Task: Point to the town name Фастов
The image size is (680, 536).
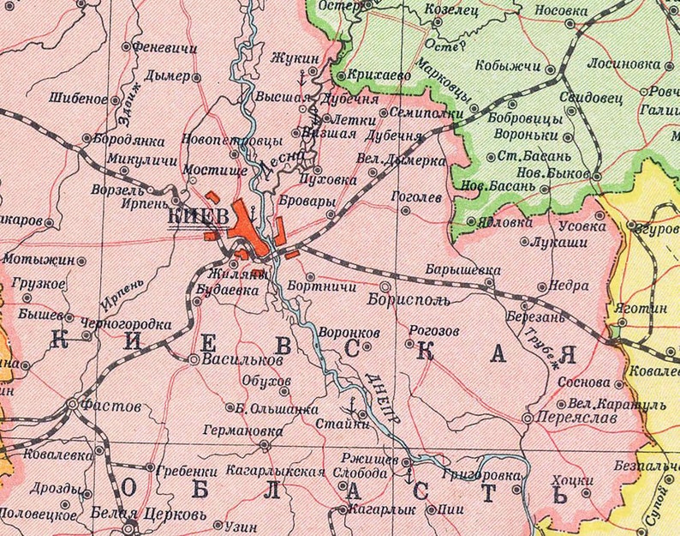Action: tap(106, 400)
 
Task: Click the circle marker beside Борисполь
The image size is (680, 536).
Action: tap(385, 286)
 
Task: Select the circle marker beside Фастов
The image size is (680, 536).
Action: tap(74, 401)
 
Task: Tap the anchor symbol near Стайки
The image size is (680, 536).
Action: tap(351, 402)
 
